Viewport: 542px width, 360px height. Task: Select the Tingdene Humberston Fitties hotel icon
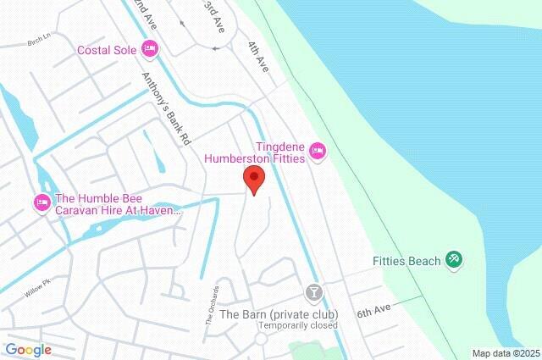pyautogui.click(x=318, y=151)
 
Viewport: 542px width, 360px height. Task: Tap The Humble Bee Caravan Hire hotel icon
pyautogui.click(x=41, y=202)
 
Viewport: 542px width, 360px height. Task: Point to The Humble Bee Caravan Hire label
pyautogui.click(x=118, y=203)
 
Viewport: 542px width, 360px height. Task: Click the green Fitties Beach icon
pyautogui.click(x=454, y=260)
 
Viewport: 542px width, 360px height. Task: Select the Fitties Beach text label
pyautogui.click(x=406, y=261)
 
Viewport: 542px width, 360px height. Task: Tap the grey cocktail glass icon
pyautogui.click(x=314, y=293)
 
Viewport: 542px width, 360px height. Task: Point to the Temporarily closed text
pyautogui.click(x=298, y=325)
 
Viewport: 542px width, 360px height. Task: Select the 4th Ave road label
pyautogui.click(x=257, y=56)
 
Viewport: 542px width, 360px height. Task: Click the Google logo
pyautogui.click(x=28, y=350)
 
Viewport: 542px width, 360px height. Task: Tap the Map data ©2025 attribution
pyautogui.click(x=506, y=353)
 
